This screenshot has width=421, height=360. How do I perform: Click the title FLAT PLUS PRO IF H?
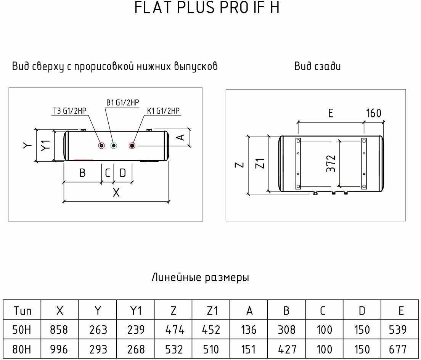coord(207,8)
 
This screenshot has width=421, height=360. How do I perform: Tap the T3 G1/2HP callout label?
coord(70,111)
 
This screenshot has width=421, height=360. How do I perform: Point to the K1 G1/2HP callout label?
coord(163,111)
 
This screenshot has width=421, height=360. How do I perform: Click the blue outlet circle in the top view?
coord(113,145)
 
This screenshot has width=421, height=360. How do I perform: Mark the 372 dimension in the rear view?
coord(331,163)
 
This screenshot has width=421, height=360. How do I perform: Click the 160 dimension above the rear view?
coord(373,113)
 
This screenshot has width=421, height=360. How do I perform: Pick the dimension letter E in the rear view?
coord(331,113)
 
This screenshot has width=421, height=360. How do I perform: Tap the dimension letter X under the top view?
coord(116,193)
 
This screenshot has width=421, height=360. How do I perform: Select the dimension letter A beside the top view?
coord(182,137)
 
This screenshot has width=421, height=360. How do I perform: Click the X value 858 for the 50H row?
coord(59,329)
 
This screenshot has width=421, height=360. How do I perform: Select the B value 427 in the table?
coord(286,349)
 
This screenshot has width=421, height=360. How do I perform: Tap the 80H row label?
coord(22,349)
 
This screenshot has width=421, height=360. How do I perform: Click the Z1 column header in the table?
coord(211,310)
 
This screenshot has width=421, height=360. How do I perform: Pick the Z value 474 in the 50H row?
coord(173,329)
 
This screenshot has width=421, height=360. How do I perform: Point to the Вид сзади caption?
coord(317,66)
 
